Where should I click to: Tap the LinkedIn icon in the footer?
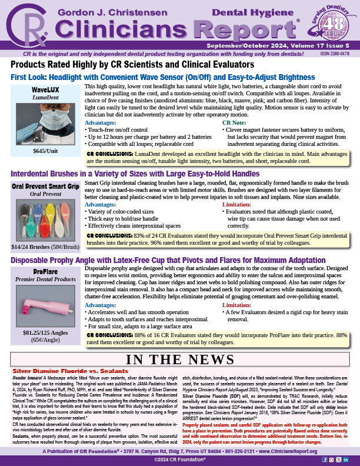point(346,451)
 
